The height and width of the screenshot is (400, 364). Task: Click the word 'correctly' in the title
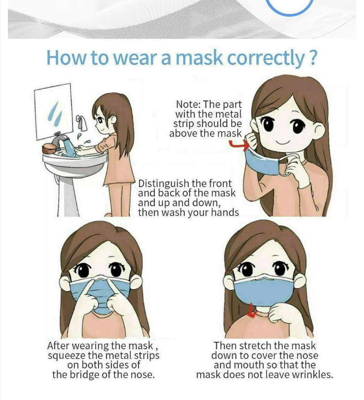(x=265, y=58)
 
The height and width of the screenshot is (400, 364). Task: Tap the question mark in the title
(x=312, y=57)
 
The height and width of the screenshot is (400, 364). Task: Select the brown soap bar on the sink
(x=49, y=148)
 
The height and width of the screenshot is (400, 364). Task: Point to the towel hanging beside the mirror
(x=82, y=123)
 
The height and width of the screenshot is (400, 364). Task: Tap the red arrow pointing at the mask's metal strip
(x=239, y=145)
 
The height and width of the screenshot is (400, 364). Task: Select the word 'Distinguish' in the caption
(x=164, y=184)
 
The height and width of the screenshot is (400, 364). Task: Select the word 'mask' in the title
(x=199, y=58)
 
